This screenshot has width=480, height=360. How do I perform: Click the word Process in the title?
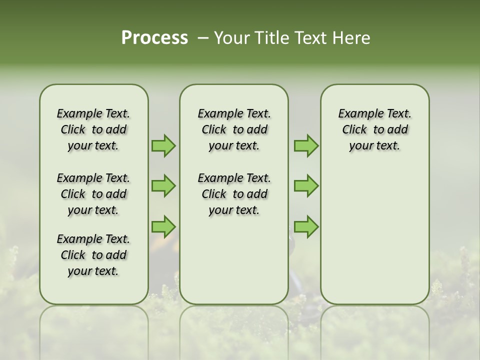point(154,38)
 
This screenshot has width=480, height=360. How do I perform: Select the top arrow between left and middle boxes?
point(163,145)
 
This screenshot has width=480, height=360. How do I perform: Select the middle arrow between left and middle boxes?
point(163,186)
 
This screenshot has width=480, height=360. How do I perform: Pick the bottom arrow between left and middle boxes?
point(163,226)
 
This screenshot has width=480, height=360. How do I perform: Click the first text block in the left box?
point(93,129)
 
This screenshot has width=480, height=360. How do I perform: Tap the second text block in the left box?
point(93,194)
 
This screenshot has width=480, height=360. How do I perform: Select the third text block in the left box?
point(93,255)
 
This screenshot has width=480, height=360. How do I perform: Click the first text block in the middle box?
point(234,129)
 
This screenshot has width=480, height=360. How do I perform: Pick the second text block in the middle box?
point(234,194)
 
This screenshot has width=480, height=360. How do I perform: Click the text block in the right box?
point(374,129)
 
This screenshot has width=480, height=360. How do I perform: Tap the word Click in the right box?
point(354,130)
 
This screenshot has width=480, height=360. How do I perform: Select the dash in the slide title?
point(203,38)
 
